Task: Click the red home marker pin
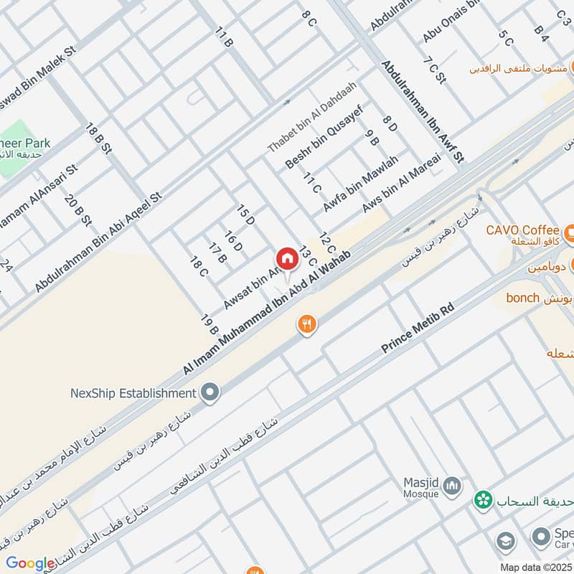click(286, 258)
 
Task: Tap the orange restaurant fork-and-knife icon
click(307, 324)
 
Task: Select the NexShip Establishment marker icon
click(210, 392)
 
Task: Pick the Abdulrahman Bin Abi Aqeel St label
click(99, 242)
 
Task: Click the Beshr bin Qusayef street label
click(324, 137)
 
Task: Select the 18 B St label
click(98, 138)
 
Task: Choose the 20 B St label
click(78, 210)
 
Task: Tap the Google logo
click(30, 563)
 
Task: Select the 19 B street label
click(210, 324)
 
